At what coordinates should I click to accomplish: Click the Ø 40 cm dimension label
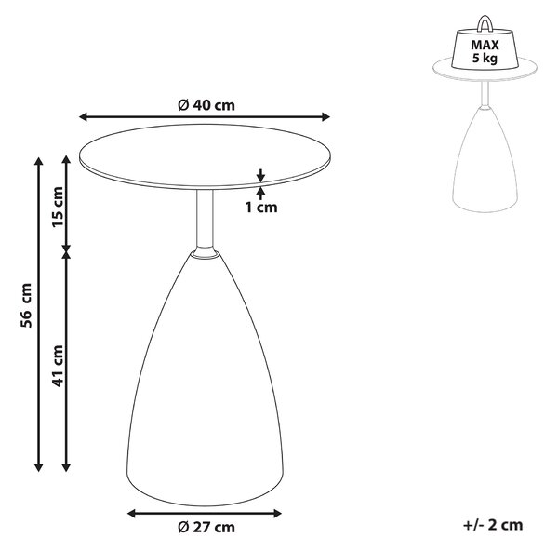tap(206, 105)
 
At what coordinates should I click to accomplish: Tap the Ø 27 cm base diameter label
tap(206, 527)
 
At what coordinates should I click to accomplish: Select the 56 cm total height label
tap(26, 305)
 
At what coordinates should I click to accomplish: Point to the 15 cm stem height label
tap(58, 208)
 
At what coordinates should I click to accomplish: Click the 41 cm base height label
tap(58, 366)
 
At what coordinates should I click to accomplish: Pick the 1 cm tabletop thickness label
tap(261, 207)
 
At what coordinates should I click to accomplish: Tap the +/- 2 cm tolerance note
tap(493, 525)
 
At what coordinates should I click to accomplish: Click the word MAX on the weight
tap(485, 46)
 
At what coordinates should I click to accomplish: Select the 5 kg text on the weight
tap(485, 58)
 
